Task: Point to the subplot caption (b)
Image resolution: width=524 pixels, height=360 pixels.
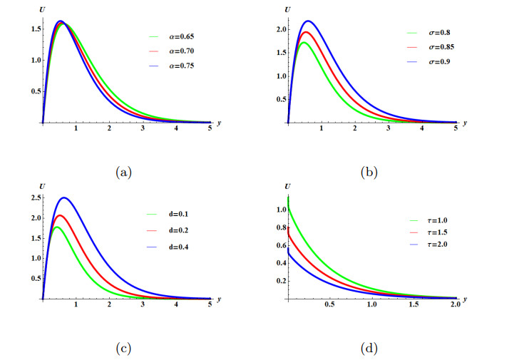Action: click(x=369, y=171)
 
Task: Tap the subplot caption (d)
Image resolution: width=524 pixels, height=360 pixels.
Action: click(x=369, y=348)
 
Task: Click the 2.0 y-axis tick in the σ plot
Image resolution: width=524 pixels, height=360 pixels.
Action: click(x=280, y=29)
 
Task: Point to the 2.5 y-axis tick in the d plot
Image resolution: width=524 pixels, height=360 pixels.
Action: click(x=35, y=197)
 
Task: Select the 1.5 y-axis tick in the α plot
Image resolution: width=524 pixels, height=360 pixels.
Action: click(x=35, y=29)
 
